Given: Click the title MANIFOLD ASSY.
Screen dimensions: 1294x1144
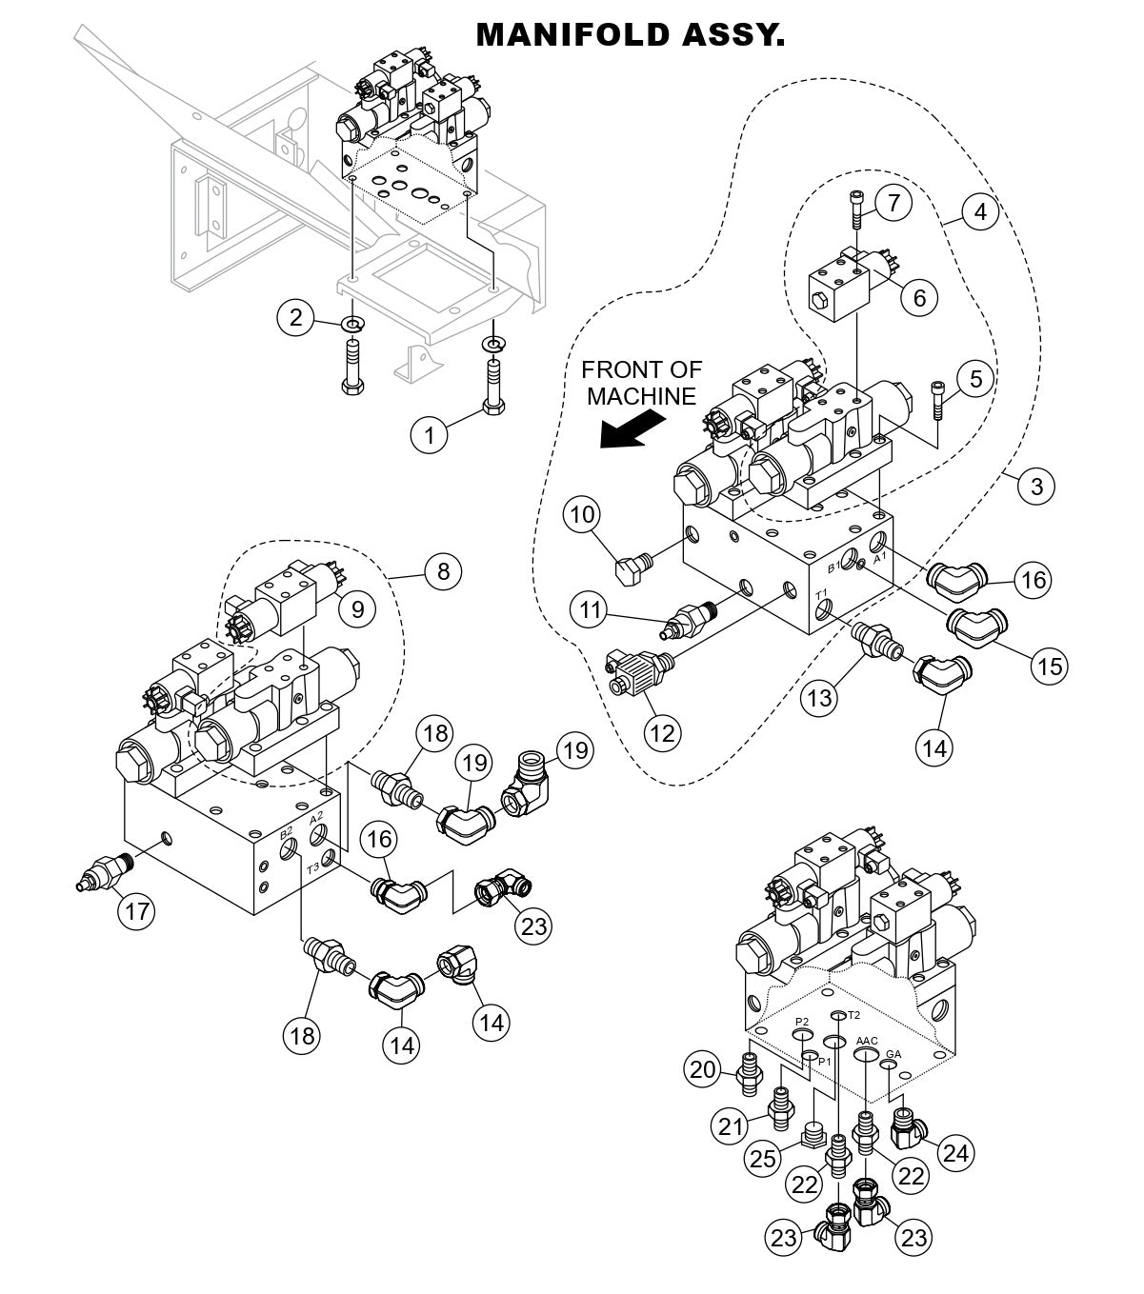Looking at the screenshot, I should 630,35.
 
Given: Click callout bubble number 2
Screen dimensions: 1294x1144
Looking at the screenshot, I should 296,316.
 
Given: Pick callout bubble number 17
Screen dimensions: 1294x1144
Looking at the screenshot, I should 137,911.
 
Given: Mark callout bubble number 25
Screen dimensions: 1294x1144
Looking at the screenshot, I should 762,1158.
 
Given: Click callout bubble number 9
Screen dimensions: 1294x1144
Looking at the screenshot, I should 357,608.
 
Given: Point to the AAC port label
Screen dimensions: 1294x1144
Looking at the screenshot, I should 866,1041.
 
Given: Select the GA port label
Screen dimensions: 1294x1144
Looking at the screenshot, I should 893,1054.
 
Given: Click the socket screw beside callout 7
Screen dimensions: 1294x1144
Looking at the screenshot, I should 856,209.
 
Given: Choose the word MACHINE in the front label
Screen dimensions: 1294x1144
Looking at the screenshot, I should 641,396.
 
